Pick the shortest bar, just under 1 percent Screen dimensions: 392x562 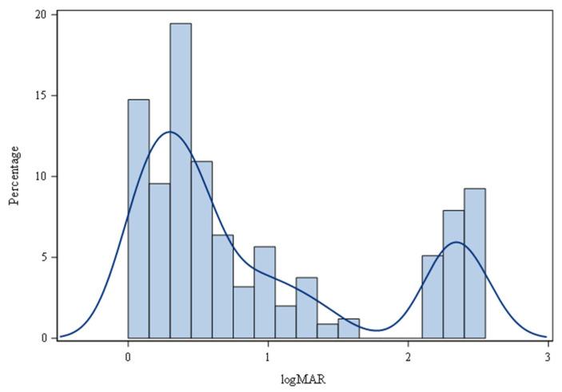(327, 331)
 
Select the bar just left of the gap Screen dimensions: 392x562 (349, 328)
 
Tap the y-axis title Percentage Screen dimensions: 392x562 (14, 175)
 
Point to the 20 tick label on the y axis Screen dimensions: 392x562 (40, 14)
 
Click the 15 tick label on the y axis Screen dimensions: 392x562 (40, 96)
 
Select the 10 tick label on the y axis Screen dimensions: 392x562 (40, 176)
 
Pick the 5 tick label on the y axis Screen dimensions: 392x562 (43, 257)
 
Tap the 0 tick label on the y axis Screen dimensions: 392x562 (43, 338)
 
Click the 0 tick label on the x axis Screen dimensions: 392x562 (128, 356)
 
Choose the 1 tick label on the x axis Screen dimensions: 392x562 (268, 356)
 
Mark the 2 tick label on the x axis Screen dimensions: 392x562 (408, 356)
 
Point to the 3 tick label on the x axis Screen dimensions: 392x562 (548, 356)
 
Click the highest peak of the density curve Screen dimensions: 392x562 (169, 132)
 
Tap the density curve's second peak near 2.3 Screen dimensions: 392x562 (456, 242)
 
